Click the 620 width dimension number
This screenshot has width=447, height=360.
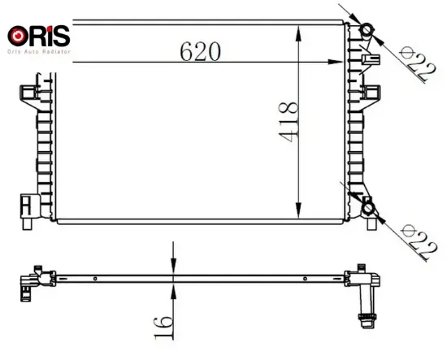click(x=201, y=51)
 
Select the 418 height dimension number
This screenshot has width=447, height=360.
click(x=289, y=122)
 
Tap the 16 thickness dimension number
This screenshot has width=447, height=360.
click(x=163, y=327)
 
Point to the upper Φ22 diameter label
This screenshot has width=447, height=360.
click(x=418, y=64)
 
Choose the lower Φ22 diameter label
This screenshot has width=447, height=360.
click(x=418, y=242)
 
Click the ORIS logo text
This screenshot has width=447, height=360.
click(x=38, y=36)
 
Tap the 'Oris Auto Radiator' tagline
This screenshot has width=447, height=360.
click(x=39, y=51)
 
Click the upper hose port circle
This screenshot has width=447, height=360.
click(x=366, y=30)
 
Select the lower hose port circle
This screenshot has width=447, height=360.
click(x=368, y=208)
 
